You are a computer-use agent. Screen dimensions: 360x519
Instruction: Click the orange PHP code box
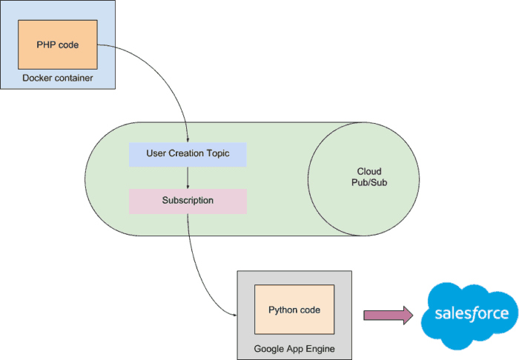point(58,45)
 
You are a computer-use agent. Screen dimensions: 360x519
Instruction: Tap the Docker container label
point(58,78)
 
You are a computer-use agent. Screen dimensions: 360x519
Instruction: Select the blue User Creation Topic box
point(187,154)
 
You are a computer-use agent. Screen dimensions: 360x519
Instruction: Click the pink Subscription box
point(188,201)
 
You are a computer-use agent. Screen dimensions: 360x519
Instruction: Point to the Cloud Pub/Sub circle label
point(369,177)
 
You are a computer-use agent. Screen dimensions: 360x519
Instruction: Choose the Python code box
point(294,310)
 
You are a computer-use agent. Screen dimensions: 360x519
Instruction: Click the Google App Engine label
point(294,348)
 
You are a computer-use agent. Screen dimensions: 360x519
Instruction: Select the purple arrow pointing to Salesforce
point(387,315)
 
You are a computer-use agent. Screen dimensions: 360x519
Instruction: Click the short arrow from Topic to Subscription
point(188,178)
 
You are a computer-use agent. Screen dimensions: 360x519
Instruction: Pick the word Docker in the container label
point(37,78)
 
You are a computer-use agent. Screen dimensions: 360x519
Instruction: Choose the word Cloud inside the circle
point(369,172)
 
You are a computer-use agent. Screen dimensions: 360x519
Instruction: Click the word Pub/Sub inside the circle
point(369,183)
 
